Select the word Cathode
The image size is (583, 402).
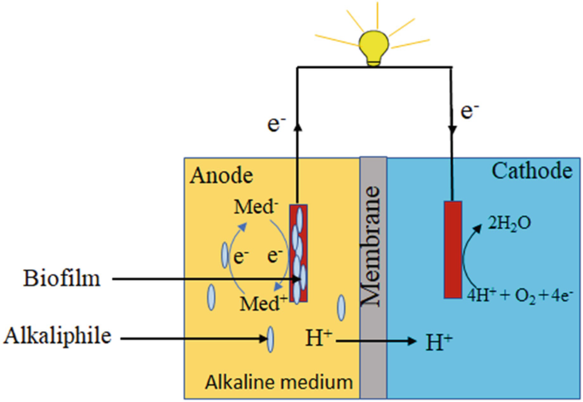(x=531, y=172)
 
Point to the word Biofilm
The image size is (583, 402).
(x=60, y=278)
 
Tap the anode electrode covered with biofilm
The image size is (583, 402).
(x=298, y=253)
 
